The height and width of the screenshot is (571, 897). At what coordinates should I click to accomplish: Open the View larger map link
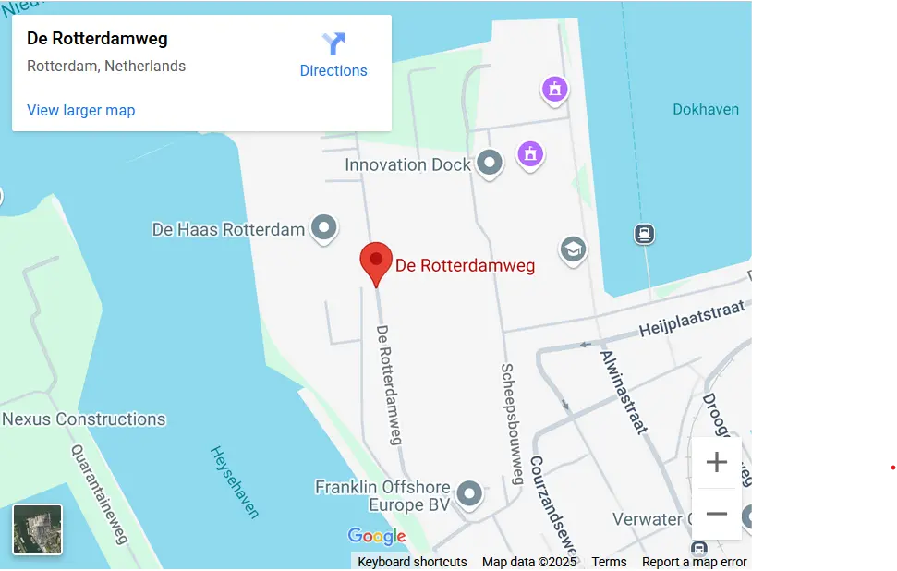pos(81,110)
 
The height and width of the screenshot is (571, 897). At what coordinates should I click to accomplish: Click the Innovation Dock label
pos(407,164)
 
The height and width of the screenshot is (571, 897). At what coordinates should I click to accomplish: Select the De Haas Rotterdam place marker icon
pos(323,227)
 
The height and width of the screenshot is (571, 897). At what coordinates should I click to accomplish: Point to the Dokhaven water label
pos(706,109)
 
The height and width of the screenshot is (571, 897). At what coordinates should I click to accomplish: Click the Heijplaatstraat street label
pos(691,319)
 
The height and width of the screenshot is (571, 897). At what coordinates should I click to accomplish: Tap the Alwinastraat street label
pos(623,392)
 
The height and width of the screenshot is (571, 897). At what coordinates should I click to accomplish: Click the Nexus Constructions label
pos(84,419)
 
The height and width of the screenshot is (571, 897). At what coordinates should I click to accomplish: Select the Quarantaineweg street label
pos(99,492)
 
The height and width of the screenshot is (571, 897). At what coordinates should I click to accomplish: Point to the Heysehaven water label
pos(235,482)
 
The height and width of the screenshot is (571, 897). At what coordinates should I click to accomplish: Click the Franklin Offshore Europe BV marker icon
pos(470,494)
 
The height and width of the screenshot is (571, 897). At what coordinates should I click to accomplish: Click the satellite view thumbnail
pos(38,529)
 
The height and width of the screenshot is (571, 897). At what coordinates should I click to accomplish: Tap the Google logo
pos(377,536)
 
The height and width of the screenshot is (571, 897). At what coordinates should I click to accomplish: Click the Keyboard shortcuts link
pos(412,562)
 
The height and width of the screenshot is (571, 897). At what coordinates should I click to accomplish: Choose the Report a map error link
pos(694,562)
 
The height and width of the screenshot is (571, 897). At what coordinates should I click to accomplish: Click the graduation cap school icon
pos(573,249)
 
